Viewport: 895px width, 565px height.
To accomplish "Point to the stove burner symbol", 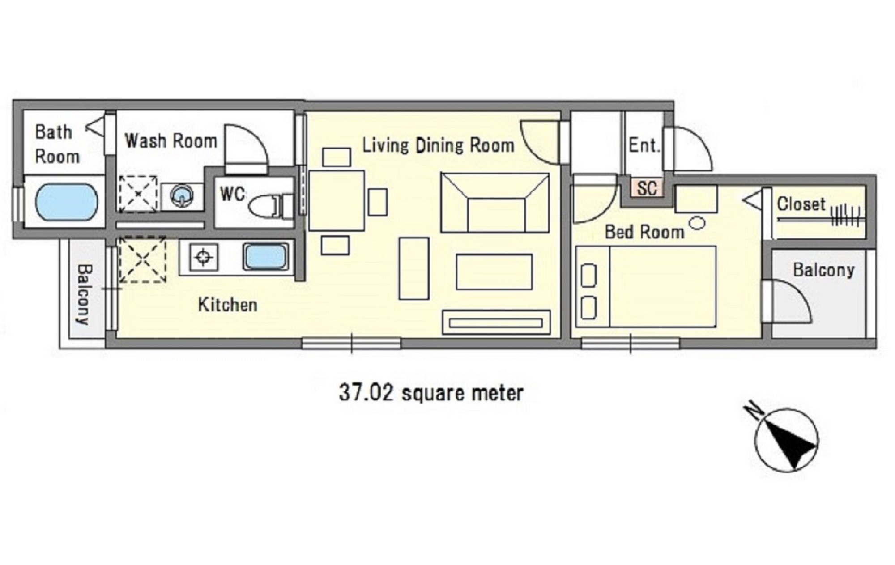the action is (204, 257).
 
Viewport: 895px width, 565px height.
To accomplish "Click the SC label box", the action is (647, 188).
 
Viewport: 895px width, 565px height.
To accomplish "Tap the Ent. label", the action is (644, 145).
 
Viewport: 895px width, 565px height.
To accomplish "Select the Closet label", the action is (801, 204).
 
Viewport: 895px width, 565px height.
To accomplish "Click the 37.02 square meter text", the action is (431, 393).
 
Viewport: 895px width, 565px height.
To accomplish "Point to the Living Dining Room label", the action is (438, 145).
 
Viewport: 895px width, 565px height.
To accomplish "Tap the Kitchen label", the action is (227, 305).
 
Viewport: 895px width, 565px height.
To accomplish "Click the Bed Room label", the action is (644, 232).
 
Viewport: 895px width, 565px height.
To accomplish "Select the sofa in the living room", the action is (494, 203).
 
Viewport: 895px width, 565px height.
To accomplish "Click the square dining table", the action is (336, 200).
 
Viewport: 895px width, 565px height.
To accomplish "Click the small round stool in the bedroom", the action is (697, 222).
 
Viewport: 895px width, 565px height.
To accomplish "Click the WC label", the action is (232, 194).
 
